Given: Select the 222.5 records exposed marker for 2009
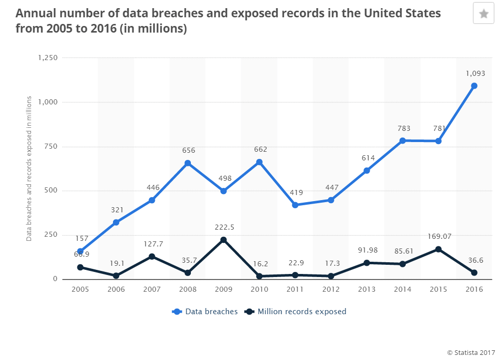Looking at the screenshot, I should click(x=223, y=240).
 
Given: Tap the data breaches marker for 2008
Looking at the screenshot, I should click(x=187, y=163).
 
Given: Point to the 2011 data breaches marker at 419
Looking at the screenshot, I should click(x=295, y=205).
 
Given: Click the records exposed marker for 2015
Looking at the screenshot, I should click(x=438, y=250).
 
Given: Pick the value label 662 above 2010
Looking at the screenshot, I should click(x=260, y=150).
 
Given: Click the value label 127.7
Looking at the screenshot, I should click(x=152, y=243).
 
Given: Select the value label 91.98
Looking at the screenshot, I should click(x=367, y=250).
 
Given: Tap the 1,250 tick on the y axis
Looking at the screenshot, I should click(x=47, y=58).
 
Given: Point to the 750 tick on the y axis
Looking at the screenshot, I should click(x=51, y=147).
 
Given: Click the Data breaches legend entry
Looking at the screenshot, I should click(x=205, y=312).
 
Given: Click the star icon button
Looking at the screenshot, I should click(x=483, y=13).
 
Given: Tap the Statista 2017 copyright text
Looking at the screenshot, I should click(x=471, y=352).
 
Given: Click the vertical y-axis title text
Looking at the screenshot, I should click(x=29, y=168).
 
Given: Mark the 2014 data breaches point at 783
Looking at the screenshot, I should click(x=402, y=141).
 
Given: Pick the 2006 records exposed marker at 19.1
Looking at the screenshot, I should click(x=116, y=276).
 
